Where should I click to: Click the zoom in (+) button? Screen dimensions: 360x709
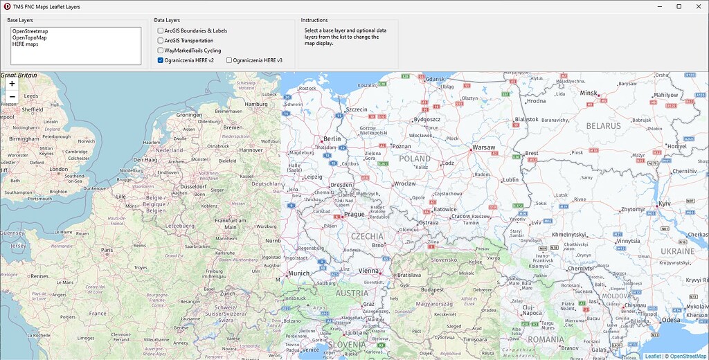12,83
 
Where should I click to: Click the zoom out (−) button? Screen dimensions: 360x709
12,96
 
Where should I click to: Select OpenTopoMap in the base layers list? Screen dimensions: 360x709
29,37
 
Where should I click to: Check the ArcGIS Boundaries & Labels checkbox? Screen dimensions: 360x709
161,31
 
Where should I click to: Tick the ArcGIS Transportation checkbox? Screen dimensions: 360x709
161,41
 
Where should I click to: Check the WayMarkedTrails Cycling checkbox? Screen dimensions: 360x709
161,51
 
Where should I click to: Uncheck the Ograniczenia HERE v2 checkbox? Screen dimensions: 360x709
161,60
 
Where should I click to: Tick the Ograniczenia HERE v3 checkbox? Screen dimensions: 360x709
229,60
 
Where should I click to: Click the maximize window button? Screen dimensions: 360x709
679,6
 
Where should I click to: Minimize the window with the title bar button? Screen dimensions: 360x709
660,6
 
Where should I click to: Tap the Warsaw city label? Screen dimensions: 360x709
483,147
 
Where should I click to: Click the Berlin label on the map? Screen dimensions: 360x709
332,139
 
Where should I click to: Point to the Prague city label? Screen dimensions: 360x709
354,215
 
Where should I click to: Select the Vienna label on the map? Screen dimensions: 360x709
369,271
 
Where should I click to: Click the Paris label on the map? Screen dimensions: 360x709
107,250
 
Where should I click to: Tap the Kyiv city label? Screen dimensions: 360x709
665,204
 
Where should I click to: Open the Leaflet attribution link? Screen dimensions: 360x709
653,356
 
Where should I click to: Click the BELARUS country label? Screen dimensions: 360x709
603,126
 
